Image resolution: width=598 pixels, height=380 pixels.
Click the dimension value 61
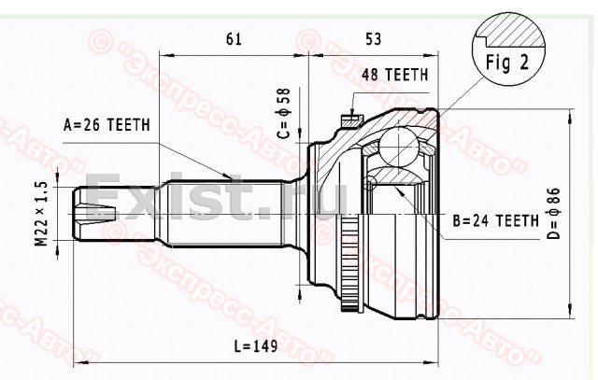[x=234, y=39]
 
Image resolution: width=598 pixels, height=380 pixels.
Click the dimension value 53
[x=374, y=39]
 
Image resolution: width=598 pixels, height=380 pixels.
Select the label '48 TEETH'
[x=394, y=75]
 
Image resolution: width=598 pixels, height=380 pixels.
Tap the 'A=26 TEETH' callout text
[x=107, y=124]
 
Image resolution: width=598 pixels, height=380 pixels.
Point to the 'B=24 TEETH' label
[x=496, y=220]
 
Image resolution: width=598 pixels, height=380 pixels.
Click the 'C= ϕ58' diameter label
[x=284, y=114]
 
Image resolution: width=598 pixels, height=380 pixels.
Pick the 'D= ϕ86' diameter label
[x=553, y=213]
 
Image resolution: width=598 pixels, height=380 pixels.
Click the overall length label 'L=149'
[x=256, y=346]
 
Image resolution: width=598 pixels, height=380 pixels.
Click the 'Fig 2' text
[x=507, y=63]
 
